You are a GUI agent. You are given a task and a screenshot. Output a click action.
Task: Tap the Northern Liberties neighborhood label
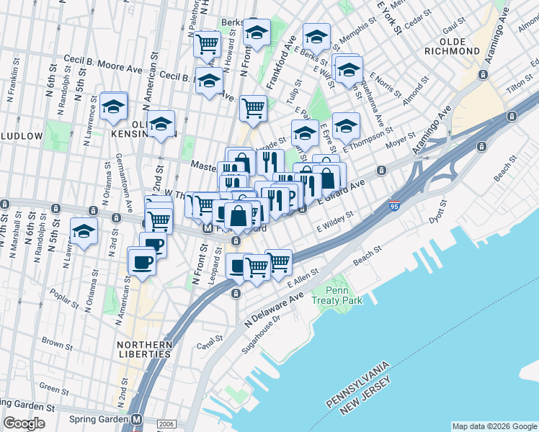pos(145,348)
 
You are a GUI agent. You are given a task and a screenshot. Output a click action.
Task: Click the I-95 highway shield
pos(393,206)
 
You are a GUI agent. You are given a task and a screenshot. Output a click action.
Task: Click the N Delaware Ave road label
pos(274,308)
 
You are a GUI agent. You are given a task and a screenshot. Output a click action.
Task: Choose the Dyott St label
pos(437,215)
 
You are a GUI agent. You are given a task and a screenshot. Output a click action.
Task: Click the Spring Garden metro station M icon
pos(136,419)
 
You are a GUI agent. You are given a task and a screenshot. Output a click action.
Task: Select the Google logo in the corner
pos(24,423)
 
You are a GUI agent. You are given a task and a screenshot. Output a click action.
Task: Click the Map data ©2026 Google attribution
pos(494,426)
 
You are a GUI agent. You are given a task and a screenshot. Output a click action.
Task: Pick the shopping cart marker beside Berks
pos(207,45)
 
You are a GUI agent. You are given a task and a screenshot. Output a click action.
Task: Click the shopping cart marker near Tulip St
pos(253,109)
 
